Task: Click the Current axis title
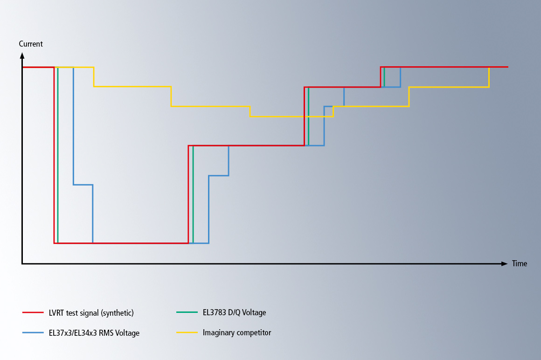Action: (x=31, y=44)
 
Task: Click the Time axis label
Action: (x=520, y=264)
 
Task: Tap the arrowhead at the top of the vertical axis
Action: (x=22, y=55)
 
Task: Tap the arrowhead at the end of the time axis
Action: (x=504, y=264)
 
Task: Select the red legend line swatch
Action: (x=33, y=312)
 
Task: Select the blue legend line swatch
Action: (x=33, y=333)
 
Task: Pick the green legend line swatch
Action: (x=187, y=312)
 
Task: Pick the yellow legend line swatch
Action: (x=187, y=333)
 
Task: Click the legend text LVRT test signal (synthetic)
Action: (x=91, y=313)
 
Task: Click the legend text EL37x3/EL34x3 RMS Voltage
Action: (x=94, y=333)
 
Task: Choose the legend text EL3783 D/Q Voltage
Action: (x=234, y=313)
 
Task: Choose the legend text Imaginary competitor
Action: (x=236, y=333)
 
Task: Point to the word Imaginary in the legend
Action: (x=219, y=333)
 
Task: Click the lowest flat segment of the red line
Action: (x=121, y=243)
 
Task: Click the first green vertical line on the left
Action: (x=58, y=154)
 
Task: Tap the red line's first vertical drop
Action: (x=55, y=154)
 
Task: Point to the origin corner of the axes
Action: (x=22, y=264)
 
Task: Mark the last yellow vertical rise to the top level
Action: (x=489, y=77)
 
